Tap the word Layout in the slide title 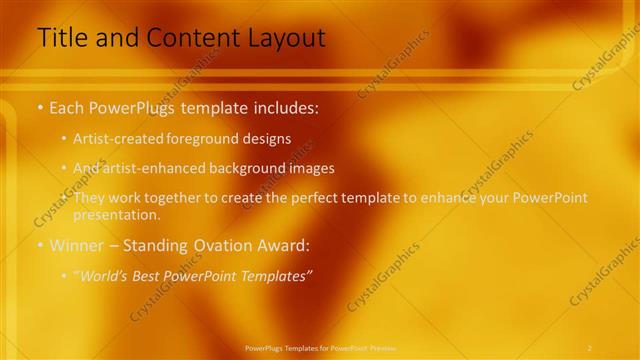pos(285,39)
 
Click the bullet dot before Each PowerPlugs pos(40,106)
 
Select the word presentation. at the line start pos(116,214)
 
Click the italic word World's pos(105,276)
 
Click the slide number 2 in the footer pos(590,347)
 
